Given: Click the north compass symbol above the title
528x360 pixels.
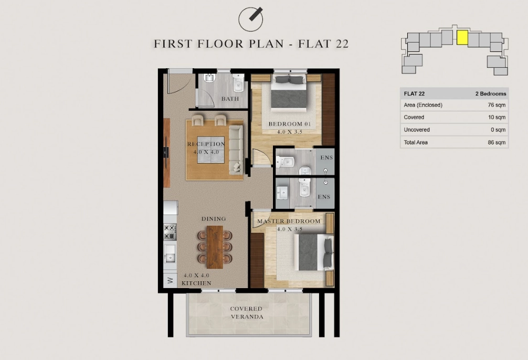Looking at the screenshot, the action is click(250, 19).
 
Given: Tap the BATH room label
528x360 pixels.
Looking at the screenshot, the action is click(230, 99).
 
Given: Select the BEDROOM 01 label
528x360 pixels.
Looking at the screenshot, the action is click(290, 124).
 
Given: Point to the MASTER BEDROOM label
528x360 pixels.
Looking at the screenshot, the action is click(289, 221).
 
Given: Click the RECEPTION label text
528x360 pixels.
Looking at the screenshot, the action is click(206, 144).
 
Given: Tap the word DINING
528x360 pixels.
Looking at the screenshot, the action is click(214, 219).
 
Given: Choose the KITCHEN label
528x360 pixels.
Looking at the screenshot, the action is click(196, 283).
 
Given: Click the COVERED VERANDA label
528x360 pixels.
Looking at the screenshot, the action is click(247, 313).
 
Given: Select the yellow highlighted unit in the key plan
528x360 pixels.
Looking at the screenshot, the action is click(462, 38).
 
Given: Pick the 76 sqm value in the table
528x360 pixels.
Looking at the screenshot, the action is click(497, 105).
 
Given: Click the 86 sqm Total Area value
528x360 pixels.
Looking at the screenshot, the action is click(497, 142).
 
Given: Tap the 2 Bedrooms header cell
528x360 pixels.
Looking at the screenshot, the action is click(491, 94).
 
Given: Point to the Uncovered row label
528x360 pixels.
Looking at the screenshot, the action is click(417, 130).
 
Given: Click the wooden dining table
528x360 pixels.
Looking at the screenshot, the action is click(215, 247).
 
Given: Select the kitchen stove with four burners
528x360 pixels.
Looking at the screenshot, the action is click(170, 232).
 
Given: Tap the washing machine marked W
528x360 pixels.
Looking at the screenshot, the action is click(170, 280).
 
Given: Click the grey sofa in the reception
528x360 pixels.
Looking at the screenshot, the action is click(236, 150).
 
